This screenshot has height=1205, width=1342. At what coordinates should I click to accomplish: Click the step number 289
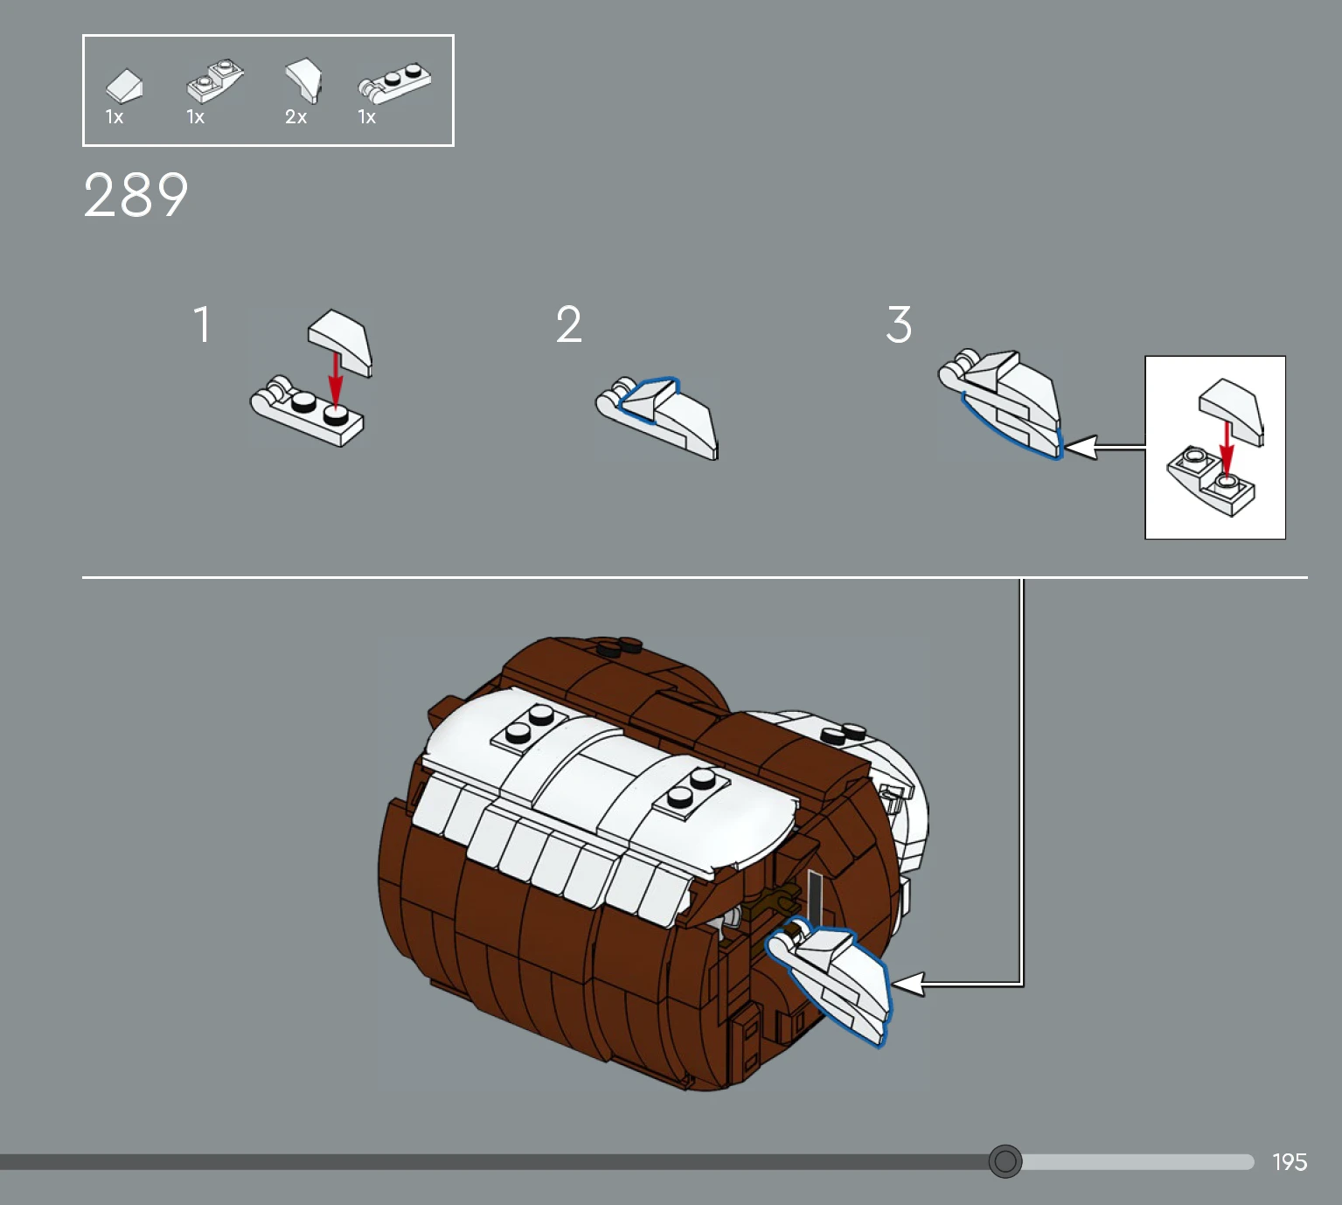[136, 195]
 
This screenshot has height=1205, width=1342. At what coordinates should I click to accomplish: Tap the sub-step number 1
[203, 324]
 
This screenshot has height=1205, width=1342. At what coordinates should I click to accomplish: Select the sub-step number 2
[569, 324]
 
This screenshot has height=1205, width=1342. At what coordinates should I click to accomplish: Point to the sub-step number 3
[899, 324]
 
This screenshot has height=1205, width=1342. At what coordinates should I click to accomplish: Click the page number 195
[1290, 1161]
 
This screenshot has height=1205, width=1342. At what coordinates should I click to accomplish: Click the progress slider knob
[1005, 1160]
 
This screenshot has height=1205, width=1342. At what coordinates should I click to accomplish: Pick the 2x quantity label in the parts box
[296, 117]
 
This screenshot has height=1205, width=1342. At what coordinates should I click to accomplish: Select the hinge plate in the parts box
[395, 83]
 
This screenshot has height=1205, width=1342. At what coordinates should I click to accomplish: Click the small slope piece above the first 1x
[124, 86]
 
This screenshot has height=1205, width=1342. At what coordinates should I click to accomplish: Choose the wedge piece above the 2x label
[304, 80]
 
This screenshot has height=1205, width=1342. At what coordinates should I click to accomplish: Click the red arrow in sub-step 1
[337, 381]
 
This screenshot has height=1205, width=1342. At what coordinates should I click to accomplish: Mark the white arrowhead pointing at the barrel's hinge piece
[908, 984]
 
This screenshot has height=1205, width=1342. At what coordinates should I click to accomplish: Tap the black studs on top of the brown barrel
[619, 647]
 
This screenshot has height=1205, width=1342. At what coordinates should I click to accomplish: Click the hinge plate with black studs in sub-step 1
[307, 411]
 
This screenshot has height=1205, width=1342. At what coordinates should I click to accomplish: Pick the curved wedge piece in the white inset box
[1232, 411]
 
